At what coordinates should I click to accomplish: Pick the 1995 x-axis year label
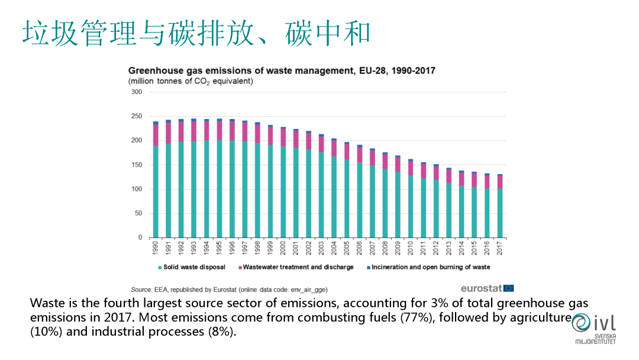(x=220, y=248)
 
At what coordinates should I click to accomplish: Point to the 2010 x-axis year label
(x=411, y=248)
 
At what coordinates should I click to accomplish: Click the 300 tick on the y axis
(x=137, y=92)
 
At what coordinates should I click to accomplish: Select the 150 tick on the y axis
(x=137, y=165)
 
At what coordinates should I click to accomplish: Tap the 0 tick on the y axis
(x=140, y=238)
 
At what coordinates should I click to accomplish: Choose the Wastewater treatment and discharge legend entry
(x=298, y=267)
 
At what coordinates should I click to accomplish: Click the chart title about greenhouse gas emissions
(x=282, y=70)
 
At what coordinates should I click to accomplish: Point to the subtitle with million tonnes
(x=191, y=81)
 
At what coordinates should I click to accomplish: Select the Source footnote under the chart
(x=229, y=290)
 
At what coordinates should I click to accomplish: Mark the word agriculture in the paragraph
(x=540, y=318)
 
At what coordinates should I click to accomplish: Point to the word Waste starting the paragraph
(x=46, y=304)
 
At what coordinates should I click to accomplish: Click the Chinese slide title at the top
(x=196, y=33)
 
